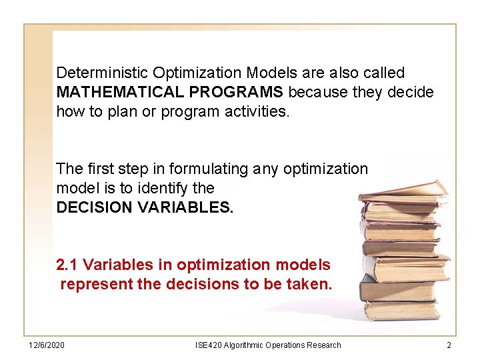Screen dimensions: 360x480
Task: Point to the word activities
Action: tap(257, 111)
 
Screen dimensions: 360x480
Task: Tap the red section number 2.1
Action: tap(67, 265)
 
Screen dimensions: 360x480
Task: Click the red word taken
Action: tap(311, 284)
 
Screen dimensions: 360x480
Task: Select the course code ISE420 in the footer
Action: tap(208, 345)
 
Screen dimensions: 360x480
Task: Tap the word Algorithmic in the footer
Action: tap(244, 345)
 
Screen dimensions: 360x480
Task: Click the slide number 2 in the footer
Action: tap(449, 345)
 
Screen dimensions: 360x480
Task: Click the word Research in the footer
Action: tap(323, 345)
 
